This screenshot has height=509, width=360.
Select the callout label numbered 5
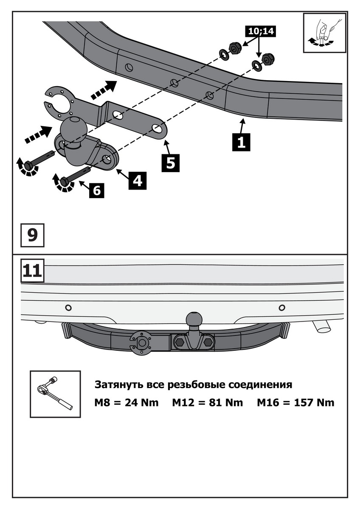pyautogui.click(x=170, y=162)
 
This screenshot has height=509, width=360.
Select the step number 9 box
pyautogui.click(x=33, y=235)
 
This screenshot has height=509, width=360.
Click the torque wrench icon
pyautogui.click(x=55, y=394)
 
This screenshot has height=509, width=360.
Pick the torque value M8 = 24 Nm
pyautogui.click(x=126, y=403)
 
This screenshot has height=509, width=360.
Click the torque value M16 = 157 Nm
pyautogui.click(x=295, y=403)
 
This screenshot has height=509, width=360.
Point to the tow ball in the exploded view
pyautogui.click(x=74, y=128)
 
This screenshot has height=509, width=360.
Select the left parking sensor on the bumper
pyautogui.click(x=68, y=307)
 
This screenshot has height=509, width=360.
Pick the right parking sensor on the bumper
pyautogui.click(x=281, y=307)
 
